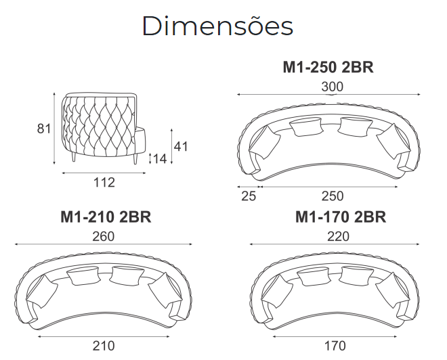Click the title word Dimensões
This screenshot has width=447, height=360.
(x=218, y=26)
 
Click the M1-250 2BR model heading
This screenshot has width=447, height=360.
(x=328, y=68)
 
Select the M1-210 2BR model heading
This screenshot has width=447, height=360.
(x=106, y=217)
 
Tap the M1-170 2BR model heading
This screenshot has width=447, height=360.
(x=341, y=217)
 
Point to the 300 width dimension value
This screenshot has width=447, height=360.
(x=333, y=87)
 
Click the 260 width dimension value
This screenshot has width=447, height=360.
(x=103, y=237)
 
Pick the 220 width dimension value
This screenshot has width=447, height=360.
(x=338, y=237)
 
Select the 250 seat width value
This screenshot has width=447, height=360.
(x=333, y=196)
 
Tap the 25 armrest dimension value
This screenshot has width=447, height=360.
(x=249, y=196)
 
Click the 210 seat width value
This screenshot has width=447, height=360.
(x=104, y=346)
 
